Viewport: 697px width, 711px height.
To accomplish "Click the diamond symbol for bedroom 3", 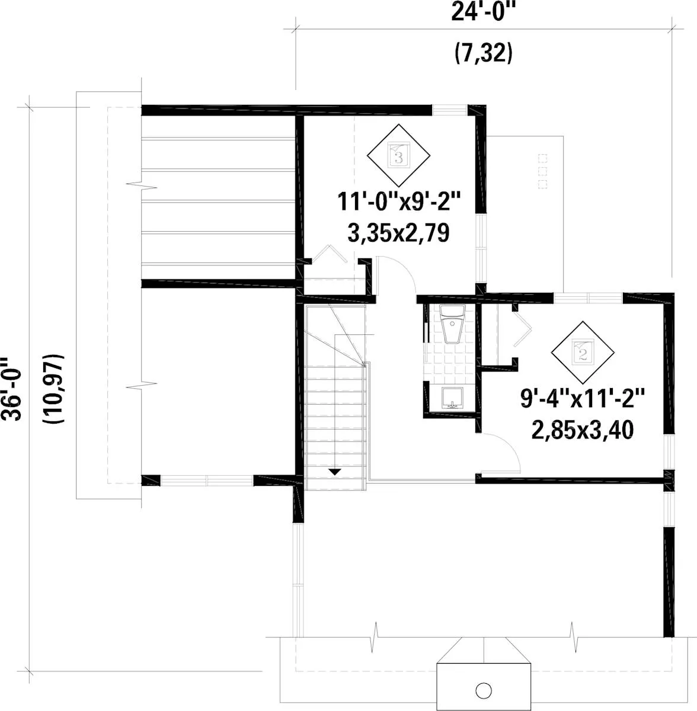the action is click(x=398, y=155).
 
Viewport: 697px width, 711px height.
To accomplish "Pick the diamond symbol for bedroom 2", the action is click(x=583, y=352).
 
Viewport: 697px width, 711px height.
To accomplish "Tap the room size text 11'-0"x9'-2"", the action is click(x=399, y=202).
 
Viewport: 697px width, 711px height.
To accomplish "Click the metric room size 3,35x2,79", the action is click(x=399, y=233).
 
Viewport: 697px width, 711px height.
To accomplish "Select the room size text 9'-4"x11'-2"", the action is click(x=583, y=399).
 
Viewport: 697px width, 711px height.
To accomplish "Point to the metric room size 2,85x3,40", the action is click(x=583, y=430).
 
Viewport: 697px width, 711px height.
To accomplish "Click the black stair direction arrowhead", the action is click(x=335, y=472).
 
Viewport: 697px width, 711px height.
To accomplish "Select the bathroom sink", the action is click(x=452, y=398).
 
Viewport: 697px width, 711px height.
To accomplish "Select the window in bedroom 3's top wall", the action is click(x=450, y=110).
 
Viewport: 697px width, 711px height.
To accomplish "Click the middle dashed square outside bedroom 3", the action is click(x=543, y=171).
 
